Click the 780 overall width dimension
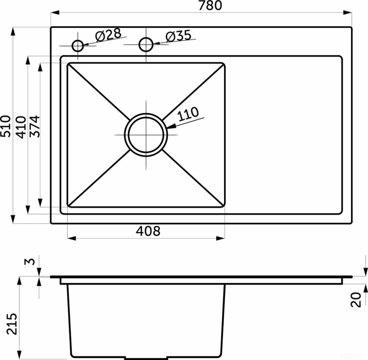click(x=210, y=6)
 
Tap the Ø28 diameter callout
click(x=109, y=35)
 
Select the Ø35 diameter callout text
click(x=178, y=36)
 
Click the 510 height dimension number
click(x=6, y=126)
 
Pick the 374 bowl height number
click(x=35, y=126)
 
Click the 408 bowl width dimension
click(x=148, y=231)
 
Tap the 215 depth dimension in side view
click(x=12, y=324)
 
